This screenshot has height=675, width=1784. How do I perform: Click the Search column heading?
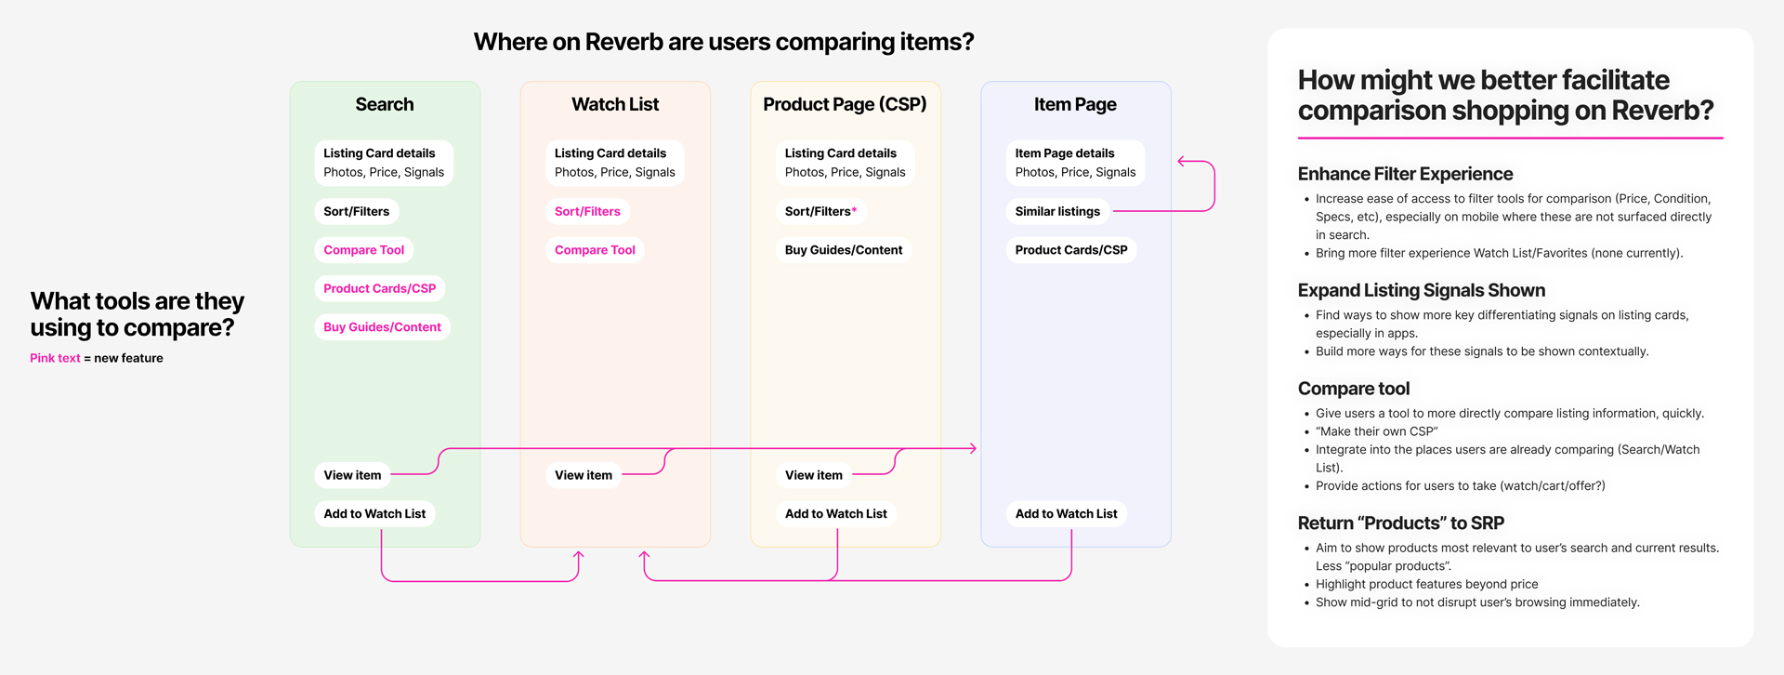385,104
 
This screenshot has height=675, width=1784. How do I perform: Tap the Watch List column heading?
615,104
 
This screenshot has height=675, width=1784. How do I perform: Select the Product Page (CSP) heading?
845,104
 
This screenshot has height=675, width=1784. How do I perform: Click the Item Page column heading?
1075,104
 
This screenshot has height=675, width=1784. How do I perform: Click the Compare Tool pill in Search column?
364,250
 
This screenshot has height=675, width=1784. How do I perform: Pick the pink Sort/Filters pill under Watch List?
587,211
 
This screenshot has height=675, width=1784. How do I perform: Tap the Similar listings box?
1057,211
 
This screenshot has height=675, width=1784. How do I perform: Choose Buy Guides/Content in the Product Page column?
844,250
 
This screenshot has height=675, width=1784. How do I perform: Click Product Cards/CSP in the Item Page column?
1071,250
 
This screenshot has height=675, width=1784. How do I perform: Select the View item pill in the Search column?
352,475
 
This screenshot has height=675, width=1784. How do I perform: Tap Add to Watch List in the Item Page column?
1066,513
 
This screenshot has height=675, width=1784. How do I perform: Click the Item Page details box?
1075,163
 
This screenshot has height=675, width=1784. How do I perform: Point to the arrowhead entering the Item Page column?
973,448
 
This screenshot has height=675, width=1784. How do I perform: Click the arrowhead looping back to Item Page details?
1181,162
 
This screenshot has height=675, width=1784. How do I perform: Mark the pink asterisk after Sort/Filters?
855,210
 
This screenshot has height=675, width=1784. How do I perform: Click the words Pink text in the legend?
55,358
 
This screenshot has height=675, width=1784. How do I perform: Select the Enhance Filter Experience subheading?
1405,174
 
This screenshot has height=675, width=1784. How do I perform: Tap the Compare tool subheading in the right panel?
1353,389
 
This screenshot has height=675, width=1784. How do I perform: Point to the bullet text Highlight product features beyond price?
1426,584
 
